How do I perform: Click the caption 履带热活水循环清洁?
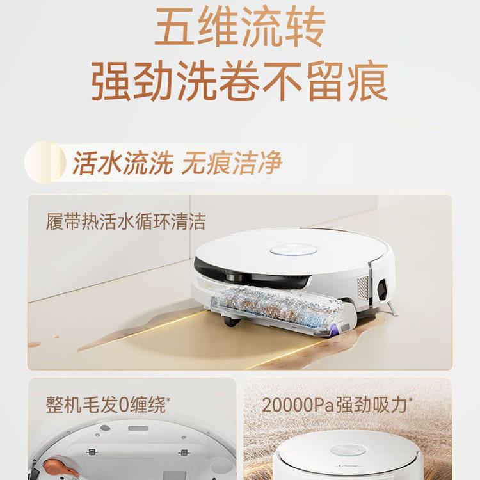point(126,221)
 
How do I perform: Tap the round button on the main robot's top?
point(293,250)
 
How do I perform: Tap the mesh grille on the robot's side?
point(363,287)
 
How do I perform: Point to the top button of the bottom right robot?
point(348,451)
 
